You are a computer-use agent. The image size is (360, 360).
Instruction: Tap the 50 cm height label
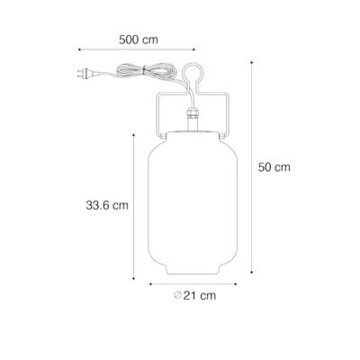(x=274, y=166)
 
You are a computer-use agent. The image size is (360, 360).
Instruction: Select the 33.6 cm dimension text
(x=101, y=204)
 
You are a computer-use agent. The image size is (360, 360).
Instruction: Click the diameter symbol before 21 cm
(x=180, y=294)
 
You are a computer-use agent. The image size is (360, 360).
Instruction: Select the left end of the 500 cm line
(x=80, y=50)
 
